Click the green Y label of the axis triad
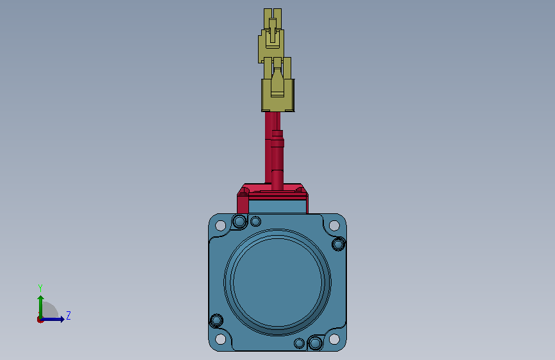click(x=40, y=288)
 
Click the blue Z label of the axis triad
click(x=68, y=315)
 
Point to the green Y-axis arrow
click(x=41, y=307)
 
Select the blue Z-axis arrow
click(x=52, y=319)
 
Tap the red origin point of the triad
click(x=40, y=320)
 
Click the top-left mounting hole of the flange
click(x=220, y=225)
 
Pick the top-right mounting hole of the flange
click(x=334, y=225)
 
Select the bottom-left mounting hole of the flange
click(x=220, y=339)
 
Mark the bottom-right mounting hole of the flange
click(x=334, y=339)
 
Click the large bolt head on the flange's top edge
click(x=239, y=222)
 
